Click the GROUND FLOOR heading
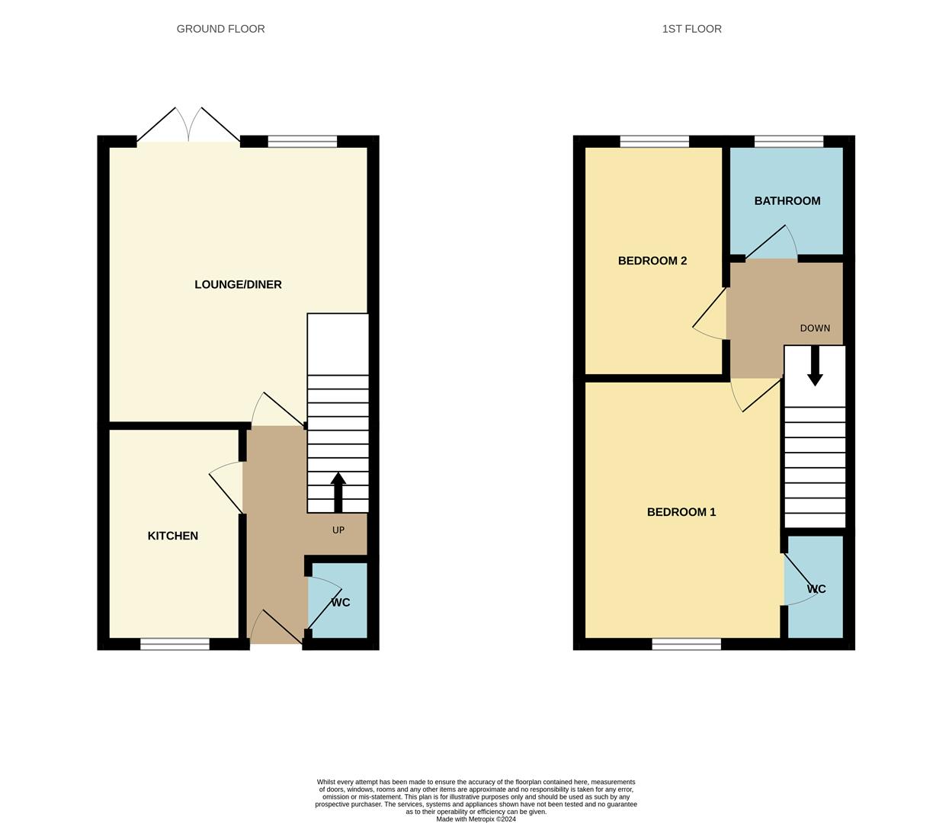coord(220,29)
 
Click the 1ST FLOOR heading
coord(691,29)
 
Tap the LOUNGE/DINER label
coord(238,284)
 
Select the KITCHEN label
coord(172,536)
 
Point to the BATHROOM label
coord(787,200)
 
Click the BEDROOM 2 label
coord(652,261)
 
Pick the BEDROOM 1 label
coord(681,512)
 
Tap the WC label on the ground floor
coord(341,602)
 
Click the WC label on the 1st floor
coord(816,589)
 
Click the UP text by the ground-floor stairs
coord(338,530)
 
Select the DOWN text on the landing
coord(814,328)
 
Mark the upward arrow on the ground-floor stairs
coord(338,492)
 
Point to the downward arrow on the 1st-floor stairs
coord(815,367)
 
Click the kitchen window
coord(175,645)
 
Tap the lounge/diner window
coord(302,141)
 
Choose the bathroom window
coord(788,141)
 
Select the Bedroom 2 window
coord(654,141)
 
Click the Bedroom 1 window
coord(686,645)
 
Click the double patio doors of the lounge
coord(188,126)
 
